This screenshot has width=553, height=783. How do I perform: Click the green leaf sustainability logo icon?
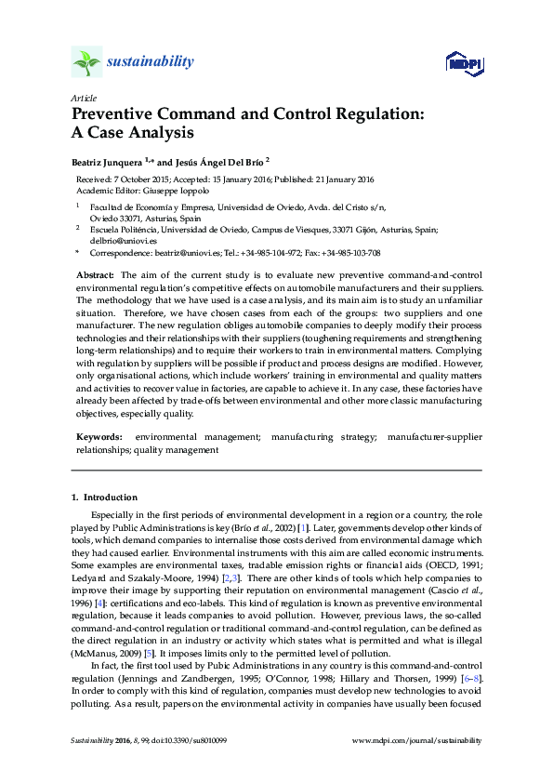click(x=86, y=63)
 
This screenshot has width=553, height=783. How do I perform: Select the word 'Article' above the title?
click(x=83, y=98)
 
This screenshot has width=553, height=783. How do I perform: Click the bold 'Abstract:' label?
click(x=95, y=276)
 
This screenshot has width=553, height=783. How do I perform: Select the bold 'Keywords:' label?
click(x=98, y=436)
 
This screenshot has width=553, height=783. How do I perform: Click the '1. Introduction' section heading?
click(x=104, y=498)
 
